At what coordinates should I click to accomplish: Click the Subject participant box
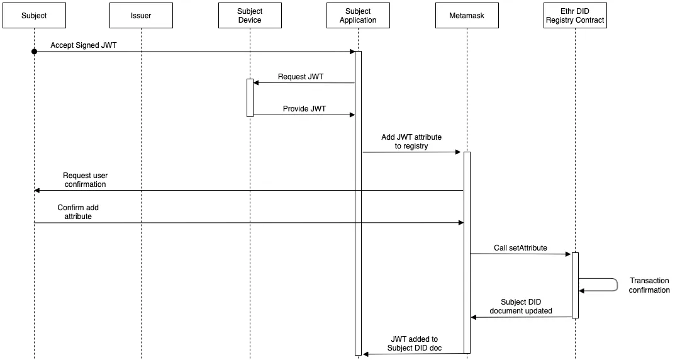pos(34,16)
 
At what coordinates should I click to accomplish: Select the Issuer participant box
pos(141,16)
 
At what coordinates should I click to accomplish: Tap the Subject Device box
pos(250,16)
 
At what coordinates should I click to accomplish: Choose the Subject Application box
pos(358,16)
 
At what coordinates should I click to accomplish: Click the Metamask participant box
pos(467,16)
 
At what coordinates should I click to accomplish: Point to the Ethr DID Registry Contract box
pos(575,16)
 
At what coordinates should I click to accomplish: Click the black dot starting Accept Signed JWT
pos(35,52)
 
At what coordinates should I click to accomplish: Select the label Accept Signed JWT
pos(84,45)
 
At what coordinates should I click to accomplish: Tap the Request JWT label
pos(301,77)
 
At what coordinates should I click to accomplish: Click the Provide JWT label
pos(304,108)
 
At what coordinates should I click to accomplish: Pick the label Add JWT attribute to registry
pos(411,141)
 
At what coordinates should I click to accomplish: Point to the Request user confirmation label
pos(85,179)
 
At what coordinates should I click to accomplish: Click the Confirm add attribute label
pos(78,212)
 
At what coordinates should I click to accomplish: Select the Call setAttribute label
pos(520,247)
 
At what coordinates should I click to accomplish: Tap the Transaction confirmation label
pos(649,285)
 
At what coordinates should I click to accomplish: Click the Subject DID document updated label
pos(521,306)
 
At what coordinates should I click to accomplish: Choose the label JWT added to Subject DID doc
pos(415,343)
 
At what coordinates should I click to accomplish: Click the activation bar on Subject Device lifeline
pos(250,98)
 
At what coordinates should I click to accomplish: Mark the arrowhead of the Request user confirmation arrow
pos(36,190)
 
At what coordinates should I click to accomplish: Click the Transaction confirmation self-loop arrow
pos(617,284)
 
